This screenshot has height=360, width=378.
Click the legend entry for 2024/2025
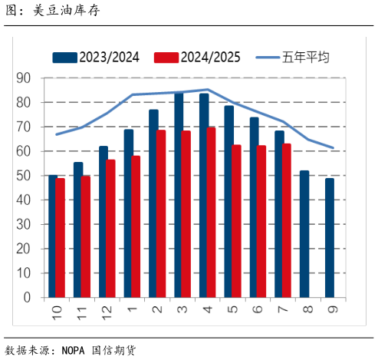[197, 57]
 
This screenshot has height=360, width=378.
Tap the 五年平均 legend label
[305, 57]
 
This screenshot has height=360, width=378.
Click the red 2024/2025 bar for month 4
[212, 213]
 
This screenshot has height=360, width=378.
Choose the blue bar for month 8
[305, 234]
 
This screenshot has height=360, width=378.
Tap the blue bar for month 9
[330, 238]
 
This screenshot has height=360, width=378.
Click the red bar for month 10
[60, 238]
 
